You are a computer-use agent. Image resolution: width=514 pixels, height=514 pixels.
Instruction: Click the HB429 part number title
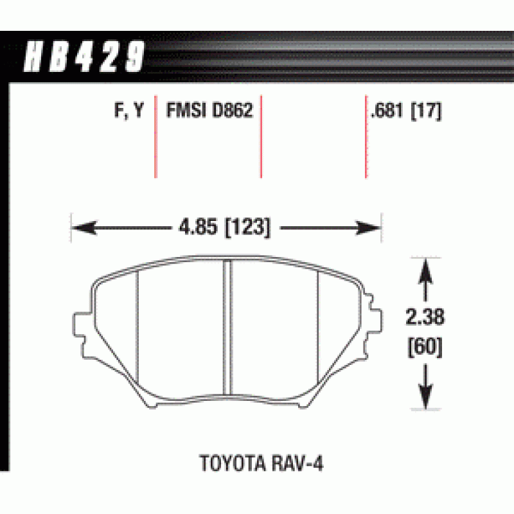coord(84,56)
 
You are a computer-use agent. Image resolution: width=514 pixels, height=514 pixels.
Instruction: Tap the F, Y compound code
coord(129,110)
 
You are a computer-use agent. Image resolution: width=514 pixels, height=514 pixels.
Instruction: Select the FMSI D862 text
coord(210,110)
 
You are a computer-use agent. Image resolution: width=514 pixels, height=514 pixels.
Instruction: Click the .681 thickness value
coord(387,110)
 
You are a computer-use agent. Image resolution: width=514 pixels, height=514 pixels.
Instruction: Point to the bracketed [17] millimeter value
coord(426,111)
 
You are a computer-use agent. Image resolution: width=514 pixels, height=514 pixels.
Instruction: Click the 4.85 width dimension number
coord(198,227)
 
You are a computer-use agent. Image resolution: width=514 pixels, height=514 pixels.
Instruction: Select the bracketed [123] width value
coord(248,227)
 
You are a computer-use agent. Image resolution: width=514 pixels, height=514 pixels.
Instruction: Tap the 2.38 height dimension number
coord(425,317)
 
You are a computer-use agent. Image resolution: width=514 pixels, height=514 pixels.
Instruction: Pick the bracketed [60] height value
coord(425,347)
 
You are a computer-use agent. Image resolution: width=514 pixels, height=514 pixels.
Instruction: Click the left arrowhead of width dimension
coord(84,227)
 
